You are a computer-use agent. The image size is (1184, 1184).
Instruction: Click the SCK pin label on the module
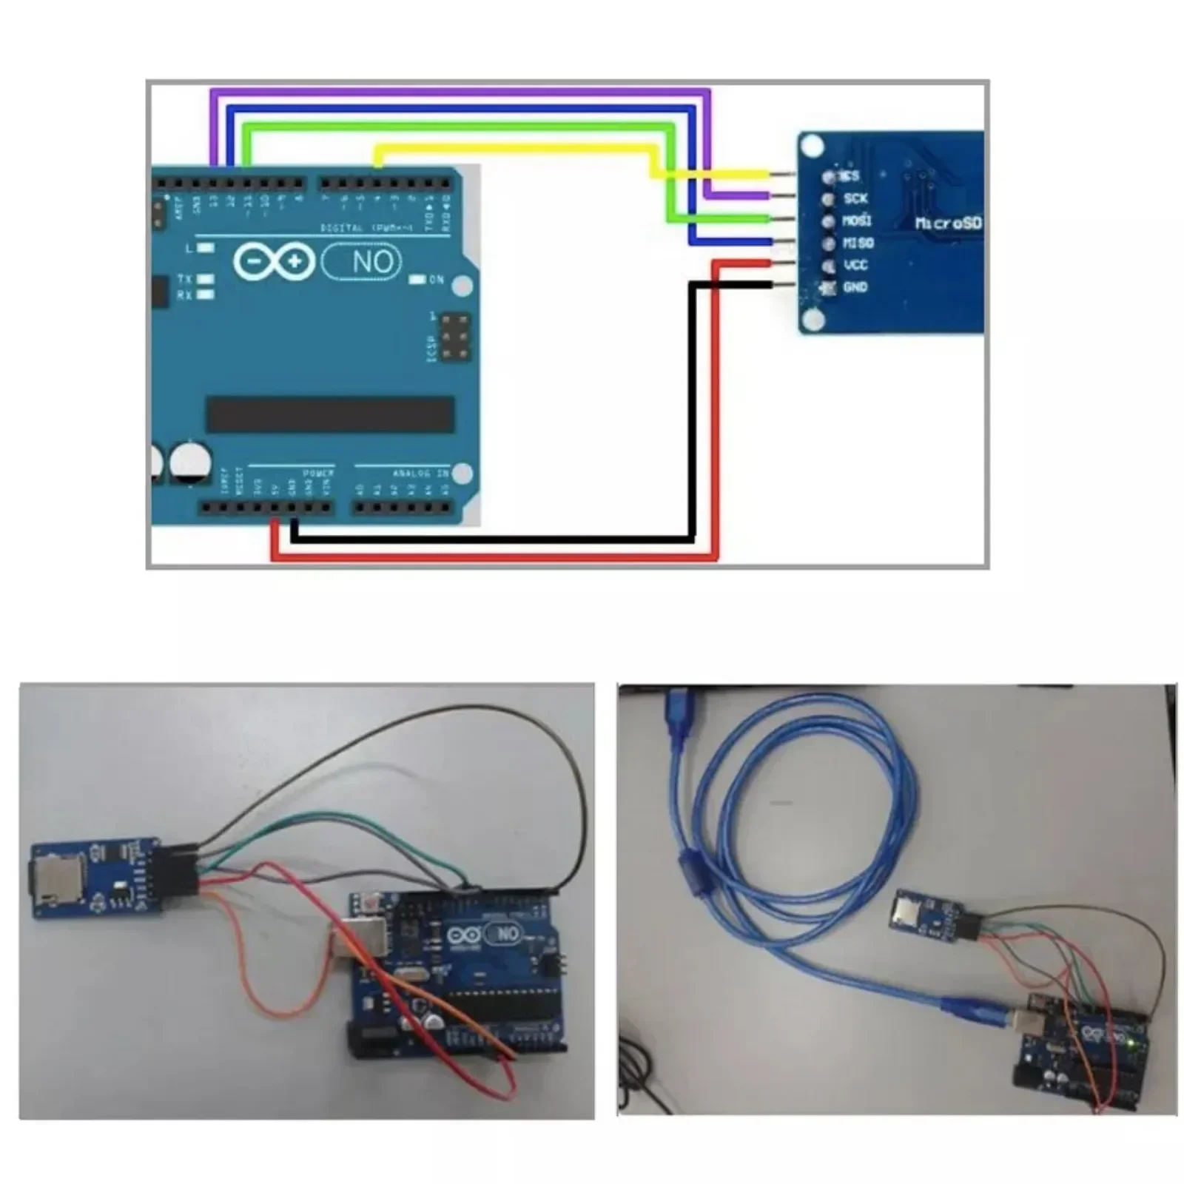point(855,198)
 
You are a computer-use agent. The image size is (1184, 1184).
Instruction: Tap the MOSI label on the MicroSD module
point(857,221)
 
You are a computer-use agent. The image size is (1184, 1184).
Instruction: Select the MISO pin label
point(858,243)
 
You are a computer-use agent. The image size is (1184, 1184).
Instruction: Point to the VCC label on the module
point(855,265)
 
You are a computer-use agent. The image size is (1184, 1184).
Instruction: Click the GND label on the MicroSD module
point(855,287)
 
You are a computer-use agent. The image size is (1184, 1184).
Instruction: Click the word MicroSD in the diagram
point(948,222)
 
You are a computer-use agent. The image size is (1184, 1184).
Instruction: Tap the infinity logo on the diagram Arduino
point(275,261)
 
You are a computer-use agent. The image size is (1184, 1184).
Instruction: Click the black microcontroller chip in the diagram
point(330,414)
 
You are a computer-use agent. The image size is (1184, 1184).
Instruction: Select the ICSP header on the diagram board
point(456,338)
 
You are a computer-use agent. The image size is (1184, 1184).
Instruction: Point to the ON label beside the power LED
point(436,280)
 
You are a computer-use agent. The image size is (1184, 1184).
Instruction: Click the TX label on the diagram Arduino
point(184,279)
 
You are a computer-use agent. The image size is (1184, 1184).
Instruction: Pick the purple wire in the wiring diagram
point(459,92)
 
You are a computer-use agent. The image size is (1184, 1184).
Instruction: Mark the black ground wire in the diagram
point(488,541)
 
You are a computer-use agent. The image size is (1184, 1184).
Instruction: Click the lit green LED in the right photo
point(1133,1043)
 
